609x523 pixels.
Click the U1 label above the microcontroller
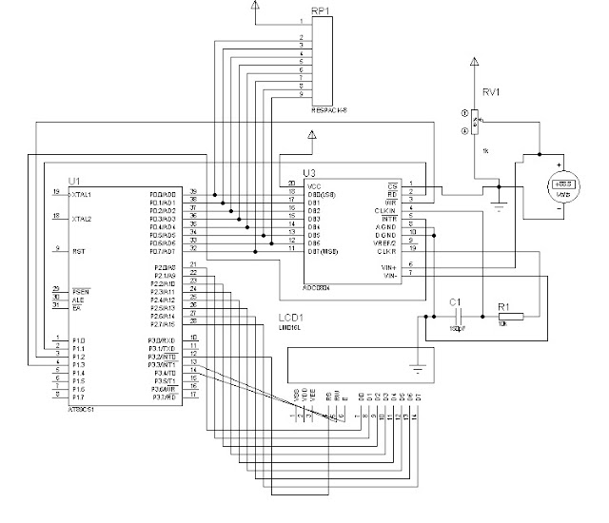(74, 181)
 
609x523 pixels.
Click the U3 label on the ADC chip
(309, 172)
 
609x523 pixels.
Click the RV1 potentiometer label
(491, 93)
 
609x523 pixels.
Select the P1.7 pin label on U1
(77, 397)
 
